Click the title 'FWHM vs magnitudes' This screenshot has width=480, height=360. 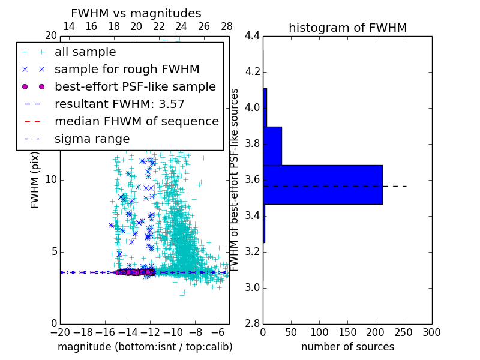136,13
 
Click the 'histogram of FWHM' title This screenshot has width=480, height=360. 347,28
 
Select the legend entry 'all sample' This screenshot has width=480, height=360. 85,52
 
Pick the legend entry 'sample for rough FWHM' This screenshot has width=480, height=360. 127,70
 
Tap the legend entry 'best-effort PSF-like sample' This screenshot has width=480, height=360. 135,86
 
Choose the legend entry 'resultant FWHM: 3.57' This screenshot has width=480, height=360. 119,104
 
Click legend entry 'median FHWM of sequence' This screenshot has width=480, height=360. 136,121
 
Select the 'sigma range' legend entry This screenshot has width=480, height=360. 92,139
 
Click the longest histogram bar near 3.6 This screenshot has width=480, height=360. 322,185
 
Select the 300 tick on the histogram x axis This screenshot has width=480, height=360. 431,332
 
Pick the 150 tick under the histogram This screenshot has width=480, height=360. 347,332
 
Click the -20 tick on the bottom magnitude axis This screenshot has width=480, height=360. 60,332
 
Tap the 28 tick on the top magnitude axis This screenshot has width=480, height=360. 227,26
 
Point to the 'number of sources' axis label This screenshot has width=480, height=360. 347,347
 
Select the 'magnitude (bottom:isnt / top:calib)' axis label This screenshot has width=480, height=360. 145,347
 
